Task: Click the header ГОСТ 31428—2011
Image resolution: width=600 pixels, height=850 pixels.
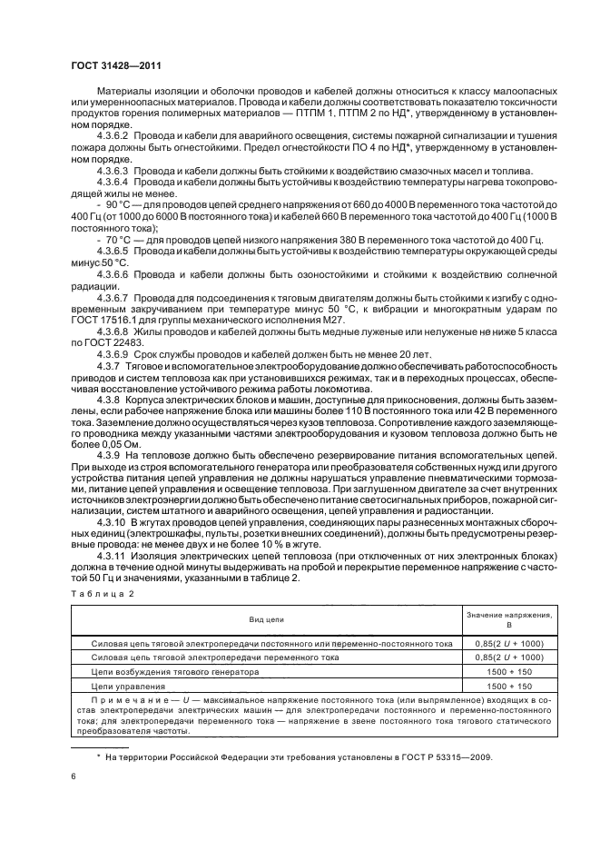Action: click(x=116, y=66)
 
